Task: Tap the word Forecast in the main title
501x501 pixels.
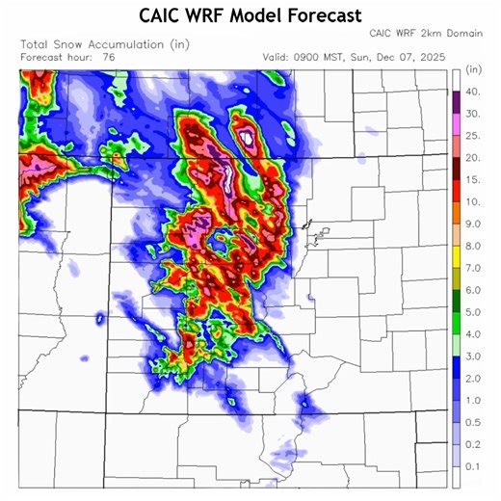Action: (322, 15)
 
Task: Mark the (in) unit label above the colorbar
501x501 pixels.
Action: (472, 70)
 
